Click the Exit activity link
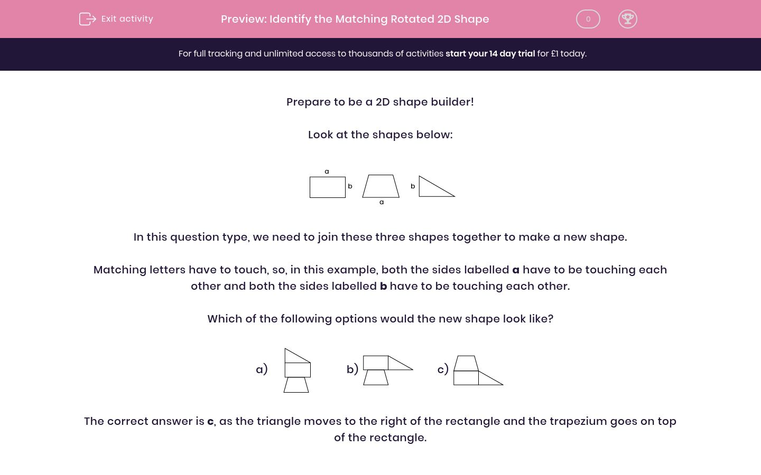pyautogui.click(x=127, y=19)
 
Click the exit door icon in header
pyautogui.click(x=87, y=19)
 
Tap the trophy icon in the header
pyautogui.click(x=627, y=19)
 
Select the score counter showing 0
pyautogui.click(x=588, y=19)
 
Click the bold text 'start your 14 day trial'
pyautogui.click(x=490, y=54)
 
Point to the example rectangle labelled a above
pyautogui.click(x=327, y=187)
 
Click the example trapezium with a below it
pyautogui.click(x=380, y=186)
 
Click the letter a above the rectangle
pyautogui.click(x=327, y=172)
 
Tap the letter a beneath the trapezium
pyautogui.click(x=382, y=202)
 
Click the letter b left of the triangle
pyautogui.click(x=413, y=186)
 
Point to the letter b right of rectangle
pyautogui.click(x=350, y=186)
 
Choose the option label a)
pyautogui.click(x=262, y=369)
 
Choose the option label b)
pyautogui.click(x=352, y=369)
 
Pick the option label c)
pyautogui.click(x=443, y=369)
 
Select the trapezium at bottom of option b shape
pyautogui.click(x=376, y=377)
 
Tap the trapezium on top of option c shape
pyautogui.click(x=466, y=364)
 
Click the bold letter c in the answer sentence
pyautogui.click(x=210, y=422)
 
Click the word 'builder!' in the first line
pyautogui.click(x=452, y=102)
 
